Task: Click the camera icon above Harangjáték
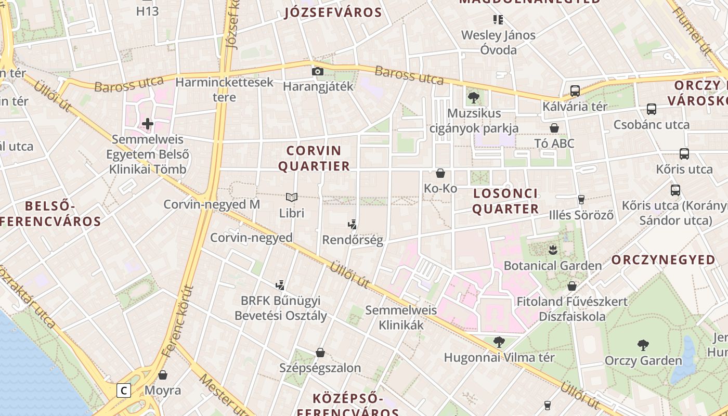tap(317, 71)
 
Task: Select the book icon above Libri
tap(292, 198)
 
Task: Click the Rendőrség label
tap(353, 240)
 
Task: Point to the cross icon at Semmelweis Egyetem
tap(148, 124)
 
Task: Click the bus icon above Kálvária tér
tap(575, 90)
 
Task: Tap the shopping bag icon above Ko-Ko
tap(440, 173)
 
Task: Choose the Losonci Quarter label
tap(505, 201)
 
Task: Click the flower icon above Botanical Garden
tap(553, 250)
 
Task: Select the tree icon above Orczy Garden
tap(643, 345)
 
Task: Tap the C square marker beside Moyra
tap(123, 390)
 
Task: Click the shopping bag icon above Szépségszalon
tap(320, 353)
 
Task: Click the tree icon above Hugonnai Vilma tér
tap(499, 342)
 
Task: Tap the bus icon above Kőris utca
tap(684, 154)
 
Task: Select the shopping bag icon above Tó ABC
tap(554, 128)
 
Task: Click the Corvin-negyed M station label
tap(212, 204)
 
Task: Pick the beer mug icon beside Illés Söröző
tap(581, 199)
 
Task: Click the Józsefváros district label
tap(333, 12)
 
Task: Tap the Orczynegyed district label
tap(663, 260)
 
